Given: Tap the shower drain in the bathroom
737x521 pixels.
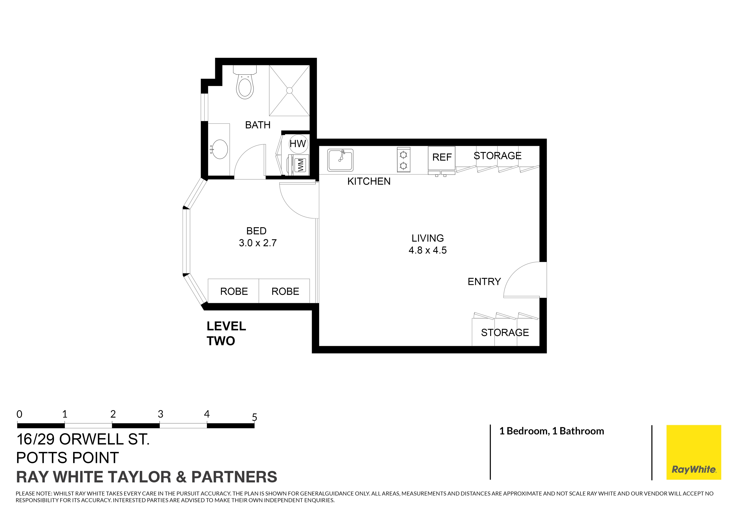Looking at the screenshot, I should [290, 91].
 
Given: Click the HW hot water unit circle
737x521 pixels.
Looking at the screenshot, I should [298, 144].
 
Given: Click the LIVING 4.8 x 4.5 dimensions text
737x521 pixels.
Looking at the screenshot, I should [428, 250].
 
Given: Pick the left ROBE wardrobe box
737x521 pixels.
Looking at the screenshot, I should [234, 291].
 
